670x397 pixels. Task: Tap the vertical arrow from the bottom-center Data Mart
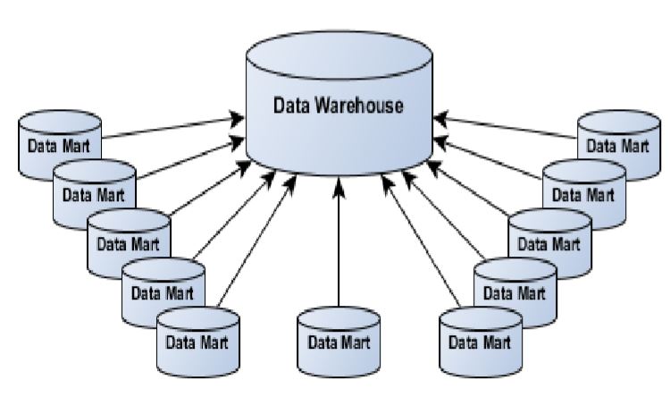point(339,241)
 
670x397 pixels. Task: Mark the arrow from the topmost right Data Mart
point(509,128)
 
